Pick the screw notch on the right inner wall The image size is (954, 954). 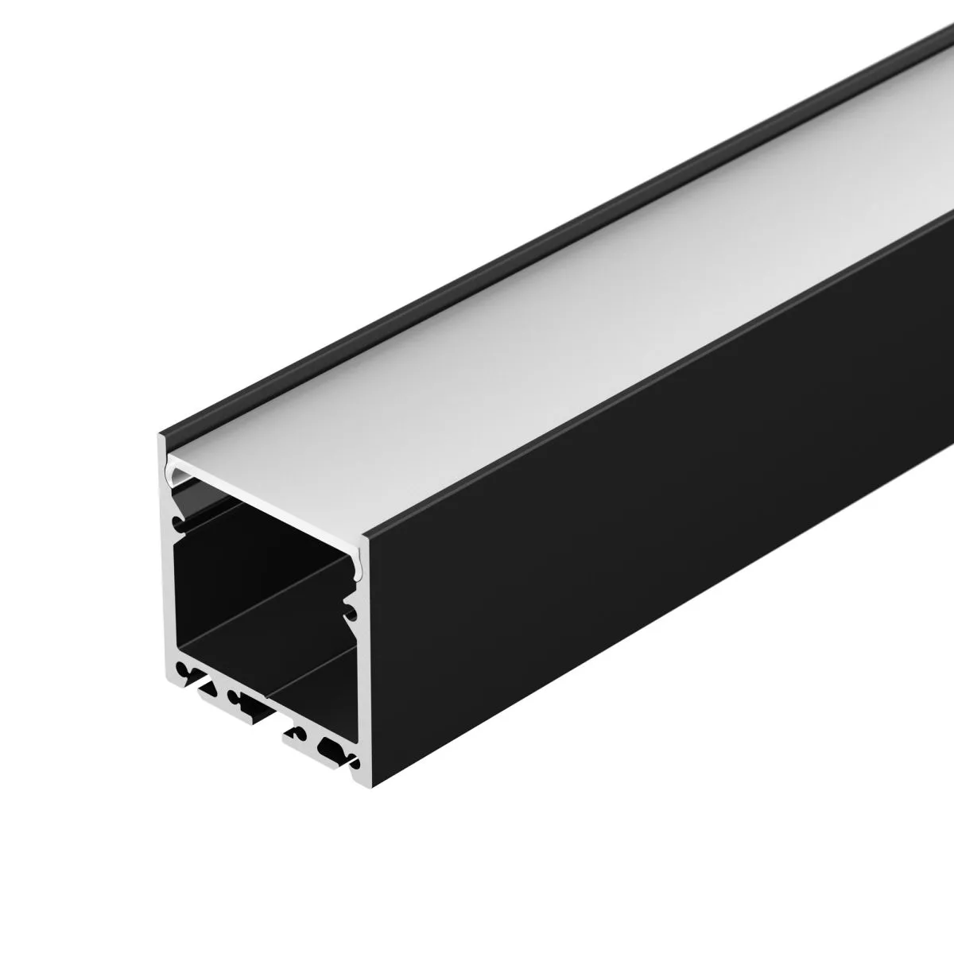[349, 611]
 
